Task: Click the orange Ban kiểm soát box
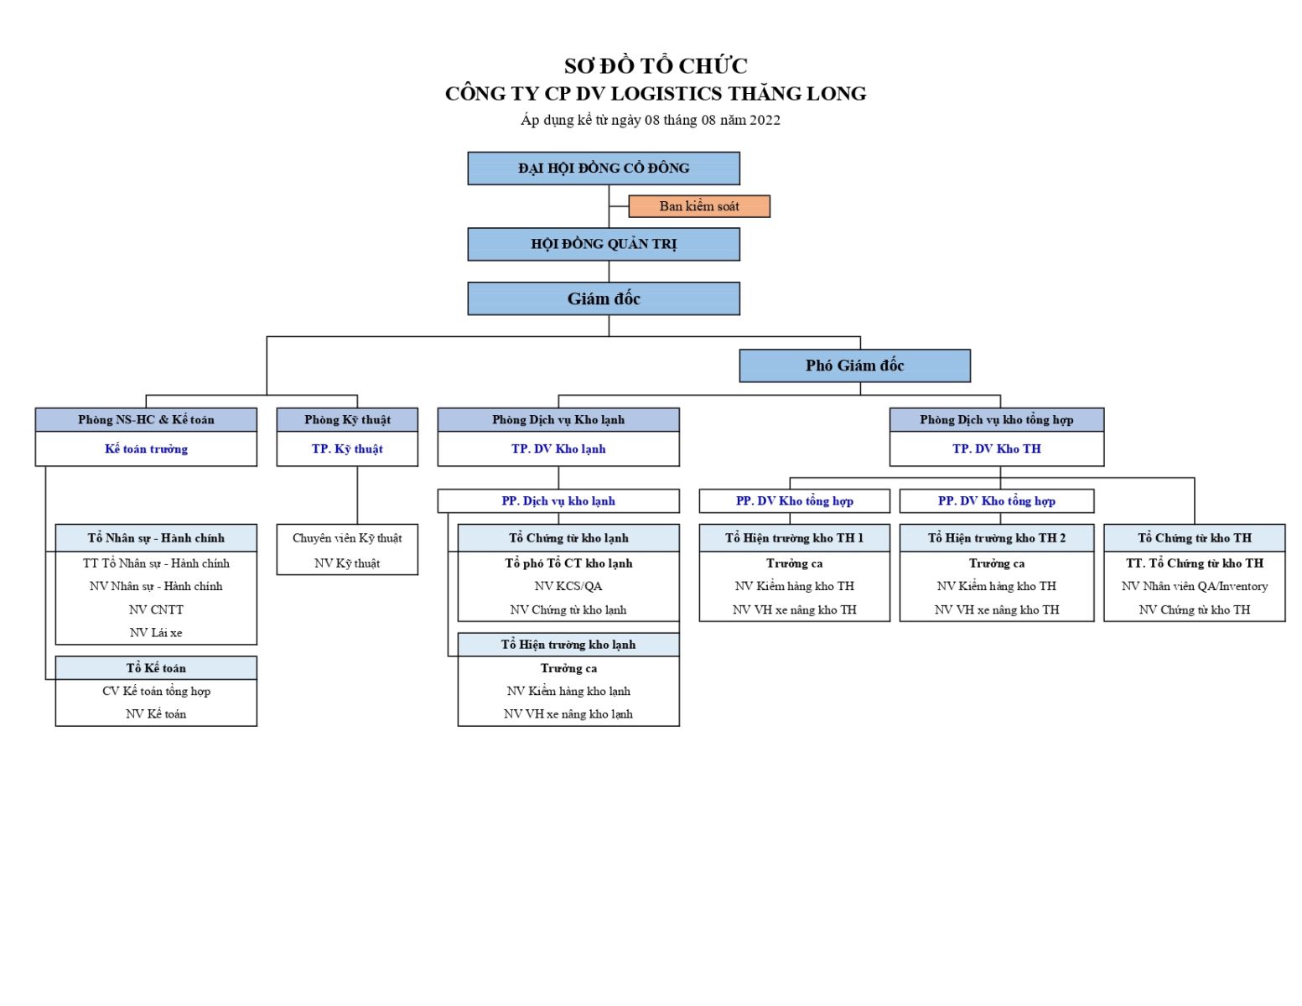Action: pos(698,206)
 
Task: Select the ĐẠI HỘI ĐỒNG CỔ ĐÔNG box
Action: pos(604,169)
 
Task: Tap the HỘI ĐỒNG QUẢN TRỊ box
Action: pos(604,245)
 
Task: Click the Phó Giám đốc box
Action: pos(854,366)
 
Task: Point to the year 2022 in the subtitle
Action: pos(765,121)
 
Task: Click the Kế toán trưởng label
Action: pos(146,449)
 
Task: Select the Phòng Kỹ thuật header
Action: pos(347,419)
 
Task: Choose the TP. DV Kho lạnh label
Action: pos(558,449)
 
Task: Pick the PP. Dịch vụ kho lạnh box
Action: pos(558,500)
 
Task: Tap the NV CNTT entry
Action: pos(156,609)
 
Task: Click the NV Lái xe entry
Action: pos(156,633)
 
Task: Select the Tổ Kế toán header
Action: pos(156,668)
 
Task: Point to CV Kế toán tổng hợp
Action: pos(157,692)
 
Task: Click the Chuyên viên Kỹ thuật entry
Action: pos(347,538)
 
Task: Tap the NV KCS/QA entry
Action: pos(568,586)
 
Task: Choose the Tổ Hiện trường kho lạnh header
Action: pos(568,645)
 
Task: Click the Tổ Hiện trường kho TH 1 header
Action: pos(794,538)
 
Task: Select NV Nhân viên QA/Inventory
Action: pos(1194,586)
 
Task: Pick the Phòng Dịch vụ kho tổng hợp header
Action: pos(997,419)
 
